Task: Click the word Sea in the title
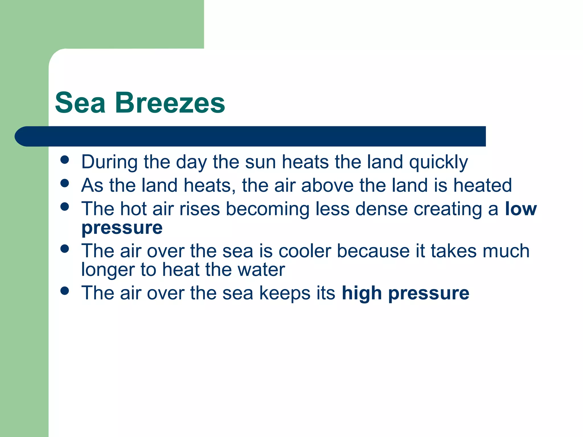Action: coord(80,103)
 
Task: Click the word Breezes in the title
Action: coord(170,103)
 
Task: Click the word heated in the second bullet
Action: coord(483,185)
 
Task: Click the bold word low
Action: coord(521,209)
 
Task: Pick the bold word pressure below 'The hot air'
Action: coord(122,228)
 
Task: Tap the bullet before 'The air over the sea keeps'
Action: coord(65,291)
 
